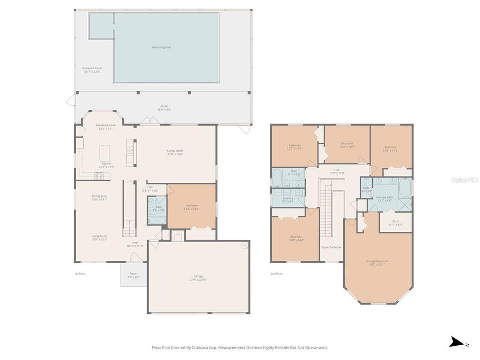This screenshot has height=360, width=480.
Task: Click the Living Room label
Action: (99, 237)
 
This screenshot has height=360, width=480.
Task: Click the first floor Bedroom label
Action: (192, 206)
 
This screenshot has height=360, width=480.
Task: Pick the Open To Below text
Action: (331, 247)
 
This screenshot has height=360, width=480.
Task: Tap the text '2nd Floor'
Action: (277, 273)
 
